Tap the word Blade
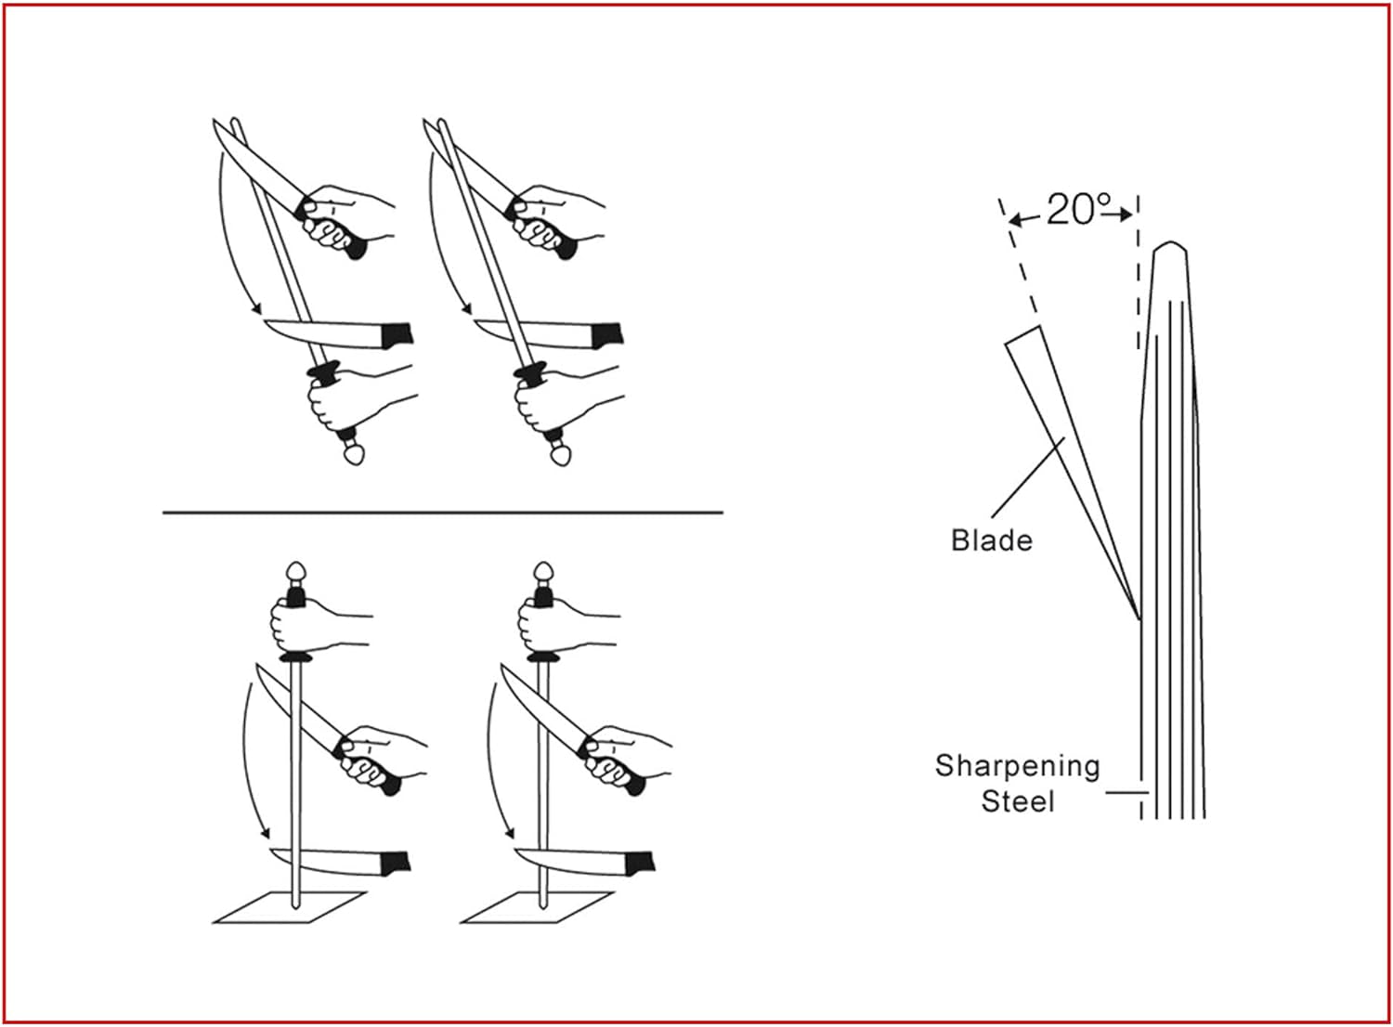tap(992, 540)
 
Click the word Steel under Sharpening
tap(1018, 802)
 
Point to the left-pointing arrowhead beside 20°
tap(1016, 219)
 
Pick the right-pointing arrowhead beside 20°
tap(1125, 215)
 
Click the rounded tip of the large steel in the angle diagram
tap(1170, 243)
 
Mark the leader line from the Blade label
tap(1028, 477)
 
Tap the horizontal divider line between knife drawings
tap(443, 513)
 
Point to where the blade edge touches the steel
tap(1139, 619)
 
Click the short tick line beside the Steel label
tap(1126, 793)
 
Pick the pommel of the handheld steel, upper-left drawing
tap(354, 454)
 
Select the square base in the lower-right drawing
tap(537, 907)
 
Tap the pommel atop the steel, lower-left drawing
tap(296, 572)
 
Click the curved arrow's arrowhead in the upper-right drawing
tap(466, 308)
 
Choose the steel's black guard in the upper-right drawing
tap(530, 373)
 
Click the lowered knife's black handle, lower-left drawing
tap(395, 864)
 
